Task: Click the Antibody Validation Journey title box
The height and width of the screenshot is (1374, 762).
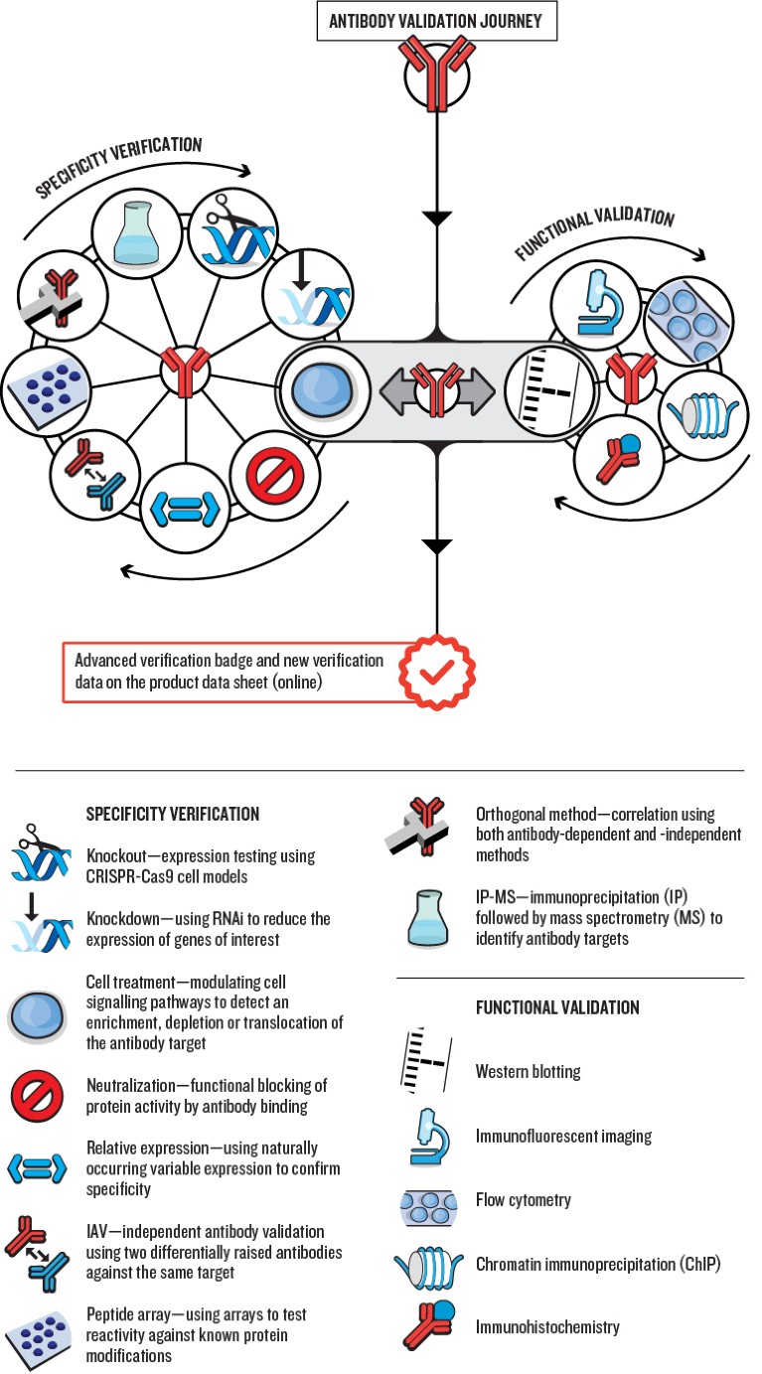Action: [x=436, y=20]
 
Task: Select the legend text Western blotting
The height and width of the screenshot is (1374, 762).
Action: [x=528, y=1072]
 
